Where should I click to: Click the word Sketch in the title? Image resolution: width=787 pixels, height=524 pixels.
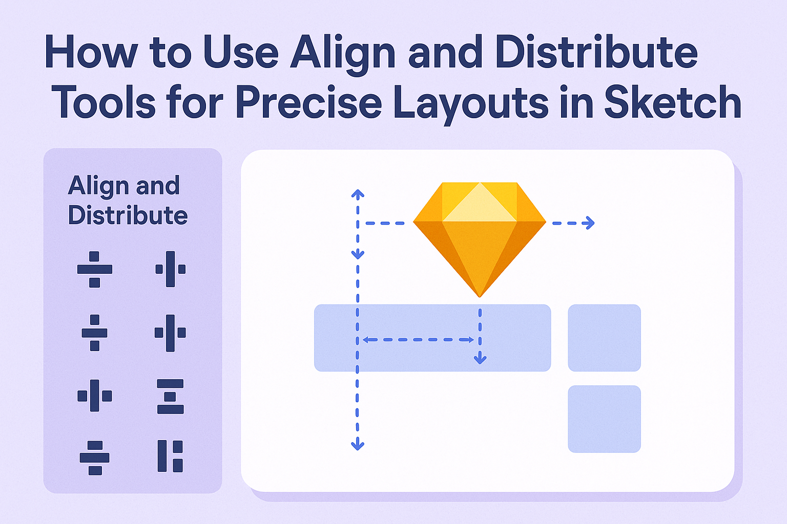click(673, 102)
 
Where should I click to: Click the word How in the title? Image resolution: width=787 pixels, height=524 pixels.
click(91, 52)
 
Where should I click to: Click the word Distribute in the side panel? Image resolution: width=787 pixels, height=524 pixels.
click(128, 215)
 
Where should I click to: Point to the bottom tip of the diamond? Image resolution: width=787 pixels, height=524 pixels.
click(480, 297)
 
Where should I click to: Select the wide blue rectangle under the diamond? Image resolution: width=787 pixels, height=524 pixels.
click(432, 338)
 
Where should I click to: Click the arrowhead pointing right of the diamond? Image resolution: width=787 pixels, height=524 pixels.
click(589, 223)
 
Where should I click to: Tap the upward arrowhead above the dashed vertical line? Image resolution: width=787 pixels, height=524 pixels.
click(358, 194)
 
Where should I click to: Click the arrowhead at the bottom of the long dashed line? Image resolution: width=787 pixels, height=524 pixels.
click(358, 445)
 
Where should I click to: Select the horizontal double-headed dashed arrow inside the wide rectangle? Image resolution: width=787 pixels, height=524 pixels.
click(418, 340)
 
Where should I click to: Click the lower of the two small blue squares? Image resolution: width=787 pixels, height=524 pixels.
click(604, 419)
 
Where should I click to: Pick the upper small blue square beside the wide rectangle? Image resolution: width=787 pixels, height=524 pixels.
click(604, 338)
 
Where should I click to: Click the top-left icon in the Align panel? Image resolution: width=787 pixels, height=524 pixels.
click(94, 269)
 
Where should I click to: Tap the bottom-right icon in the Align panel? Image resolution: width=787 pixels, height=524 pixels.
click(170, 456)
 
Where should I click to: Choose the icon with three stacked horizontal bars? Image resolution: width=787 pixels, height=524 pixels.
click(170, 396)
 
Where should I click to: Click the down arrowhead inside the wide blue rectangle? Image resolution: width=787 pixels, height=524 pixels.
click(480, 359)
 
